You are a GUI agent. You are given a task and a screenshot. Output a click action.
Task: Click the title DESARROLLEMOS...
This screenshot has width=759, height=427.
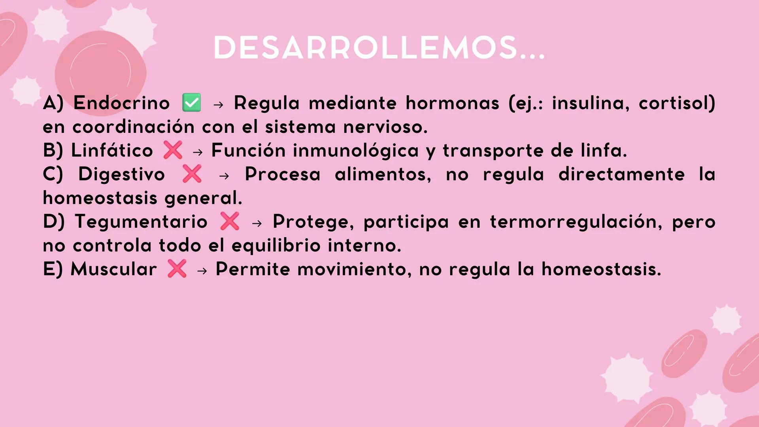pyautogui.click(x=379, y=48)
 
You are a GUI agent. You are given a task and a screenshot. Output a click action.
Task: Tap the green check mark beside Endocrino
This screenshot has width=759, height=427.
pyautogui.click(x=191, y=103)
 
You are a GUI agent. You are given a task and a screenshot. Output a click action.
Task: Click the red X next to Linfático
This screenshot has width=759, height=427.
pyautogui.click(x=173, y=150)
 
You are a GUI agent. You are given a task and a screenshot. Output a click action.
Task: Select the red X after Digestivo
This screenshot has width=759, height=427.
pyautogui.click(x=192, y=174)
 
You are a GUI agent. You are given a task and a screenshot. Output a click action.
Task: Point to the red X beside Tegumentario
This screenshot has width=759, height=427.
pyautogui.click(x=230, y=221)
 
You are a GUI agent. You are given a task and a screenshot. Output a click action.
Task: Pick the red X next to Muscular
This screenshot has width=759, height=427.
pyautogui.click(x=177, y=269)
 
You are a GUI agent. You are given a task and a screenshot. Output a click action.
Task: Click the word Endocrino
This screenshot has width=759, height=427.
pyautogui.click(x=121, y=103)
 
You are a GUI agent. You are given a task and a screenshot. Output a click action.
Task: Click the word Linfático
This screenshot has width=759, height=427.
pyautogui.click(x=112, y=151)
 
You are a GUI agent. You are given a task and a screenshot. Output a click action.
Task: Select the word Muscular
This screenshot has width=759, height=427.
pyautogui.click(x=113, y=269)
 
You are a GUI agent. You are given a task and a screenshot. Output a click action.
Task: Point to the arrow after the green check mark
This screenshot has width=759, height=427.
pyautogui.click(x=218, y=104)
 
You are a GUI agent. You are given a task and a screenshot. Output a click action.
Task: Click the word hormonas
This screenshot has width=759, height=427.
pyautogui.click(x=452, y=103)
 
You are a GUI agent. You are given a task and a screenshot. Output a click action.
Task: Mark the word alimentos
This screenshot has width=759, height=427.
pyautogui.click(x=383, y=174)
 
